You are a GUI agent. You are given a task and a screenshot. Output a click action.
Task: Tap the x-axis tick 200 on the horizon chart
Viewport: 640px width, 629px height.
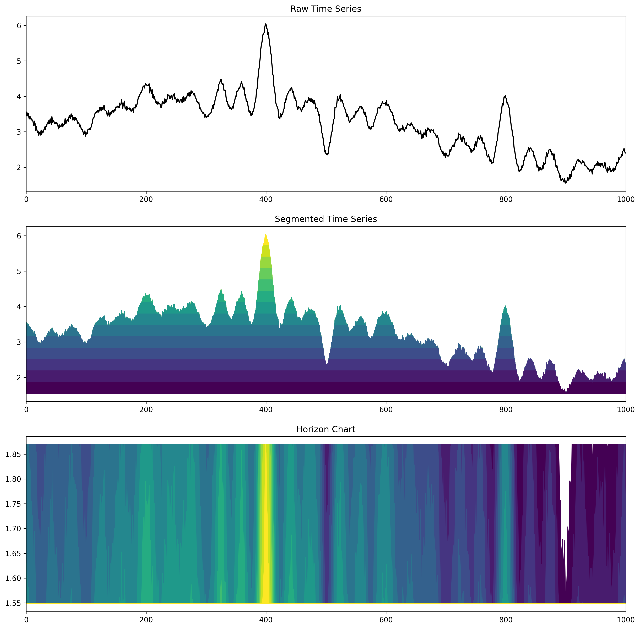click(146, 620)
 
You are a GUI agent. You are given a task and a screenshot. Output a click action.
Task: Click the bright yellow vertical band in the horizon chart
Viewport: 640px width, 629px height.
click(265, 522)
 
